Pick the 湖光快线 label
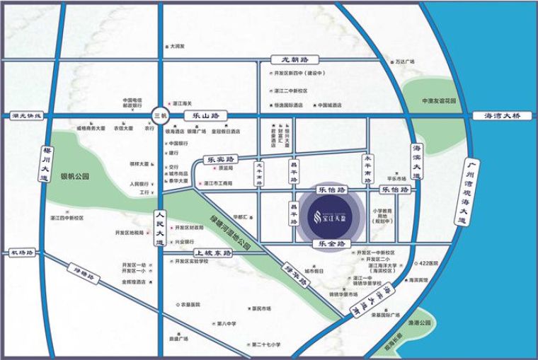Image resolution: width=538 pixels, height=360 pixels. pos(28,115)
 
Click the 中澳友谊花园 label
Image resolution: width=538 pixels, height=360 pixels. pos(437,100)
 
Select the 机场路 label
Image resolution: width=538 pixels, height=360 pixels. pos(22,252)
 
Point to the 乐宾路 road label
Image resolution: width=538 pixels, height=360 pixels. pos(222,161)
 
